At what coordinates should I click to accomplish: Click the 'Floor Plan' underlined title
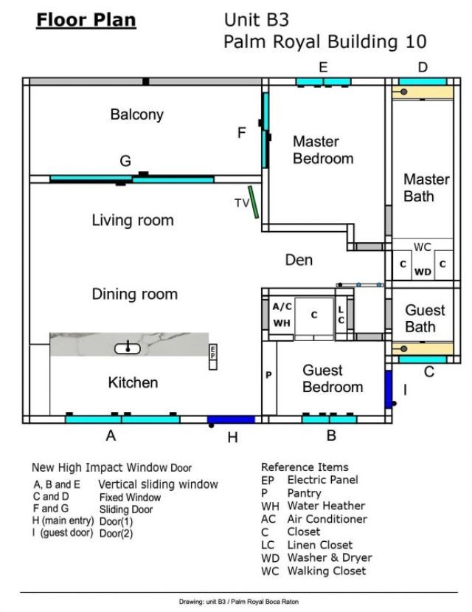[86, 19]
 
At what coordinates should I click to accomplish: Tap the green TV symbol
[253, 202]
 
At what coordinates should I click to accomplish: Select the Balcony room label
[136, 114]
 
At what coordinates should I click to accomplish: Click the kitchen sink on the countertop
[128, 346]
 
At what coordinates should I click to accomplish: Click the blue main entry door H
[230, 419]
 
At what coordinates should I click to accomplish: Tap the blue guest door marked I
[388, 389]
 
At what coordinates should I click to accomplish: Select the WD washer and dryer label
[423, 272]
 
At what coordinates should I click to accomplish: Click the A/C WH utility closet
[281, 314]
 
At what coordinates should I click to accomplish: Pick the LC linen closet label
[341, 315]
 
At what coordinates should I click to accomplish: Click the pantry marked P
[268, 375]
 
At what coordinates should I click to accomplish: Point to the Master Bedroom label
[322, 150]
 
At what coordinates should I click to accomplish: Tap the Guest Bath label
[425, 318]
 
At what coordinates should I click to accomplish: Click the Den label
[299, 260]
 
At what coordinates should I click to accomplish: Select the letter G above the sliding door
[125, 161]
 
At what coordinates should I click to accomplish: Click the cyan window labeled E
[323, 80]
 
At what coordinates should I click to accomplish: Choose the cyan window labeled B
[330, 419]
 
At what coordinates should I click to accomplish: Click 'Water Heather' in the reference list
[325, 506]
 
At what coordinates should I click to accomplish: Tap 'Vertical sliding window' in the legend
[158, 484]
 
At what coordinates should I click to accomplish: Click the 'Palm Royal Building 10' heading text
[324, 43]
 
